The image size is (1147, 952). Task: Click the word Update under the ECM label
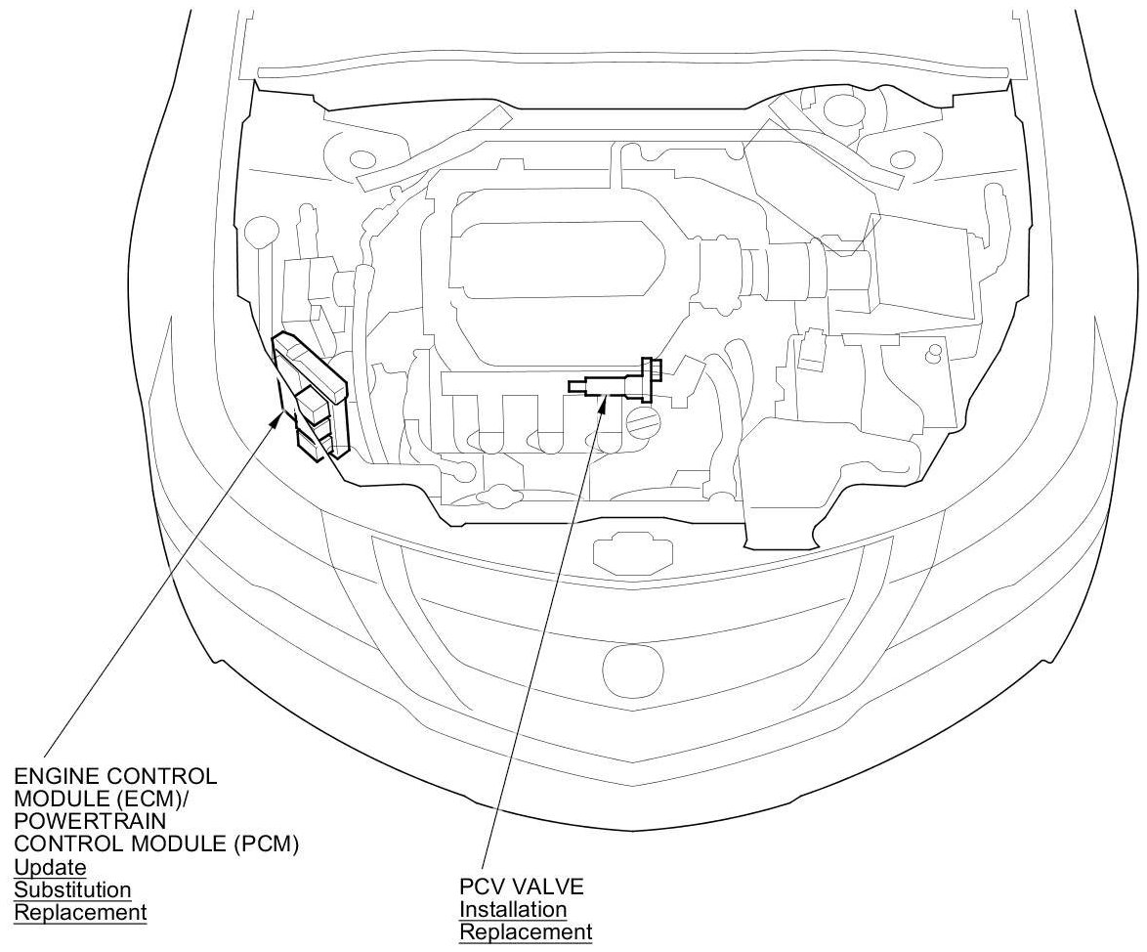point(50,867)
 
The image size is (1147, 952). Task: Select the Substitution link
point(72,889)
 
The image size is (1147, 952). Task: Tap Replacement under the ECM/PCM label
point(80,912)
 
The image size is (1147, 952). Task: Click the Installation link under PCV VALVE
point(513,910)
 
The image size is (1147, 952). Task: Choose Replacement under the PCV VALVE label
point(526,932)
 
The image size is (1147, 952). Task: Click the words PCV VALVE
point(522,887)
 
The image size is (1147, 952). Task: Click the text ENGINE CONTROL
point(114,776)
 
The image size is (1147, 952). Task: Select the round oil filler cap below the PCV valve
point(645,422)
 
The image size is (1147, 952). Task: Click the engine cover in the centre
point(557,264)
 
